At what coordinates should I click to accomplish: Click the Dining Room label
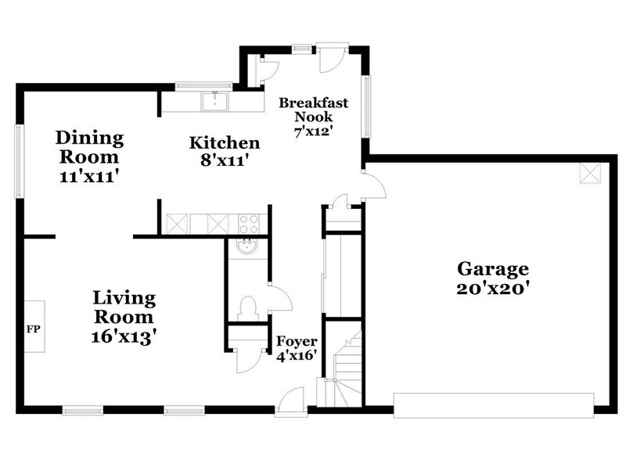(x=89, y=139)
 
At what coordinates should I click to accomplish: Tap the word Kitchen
(x=225, y=143)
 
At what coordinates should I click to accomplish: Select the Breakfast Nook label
(x=313, y=110)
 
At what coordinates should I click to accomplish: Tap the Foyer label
(x=297, y=342)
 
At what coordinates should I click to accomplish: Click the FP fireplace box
(x=34, y=326)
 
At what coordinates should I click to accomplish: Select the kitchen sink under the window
(x=213, y=101)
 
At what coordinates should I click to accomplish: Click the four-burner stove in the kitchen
(x=249, y=223)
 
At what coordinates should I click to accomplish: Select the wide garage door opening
(x=494, y=404)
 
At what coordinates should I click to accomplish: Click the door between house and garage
(x=373, y=185)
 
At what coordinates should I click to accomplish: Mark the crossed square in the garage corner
(x=588, y=173)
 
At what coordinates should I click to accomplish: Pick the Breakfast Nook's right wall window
(x=365, y=106)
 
